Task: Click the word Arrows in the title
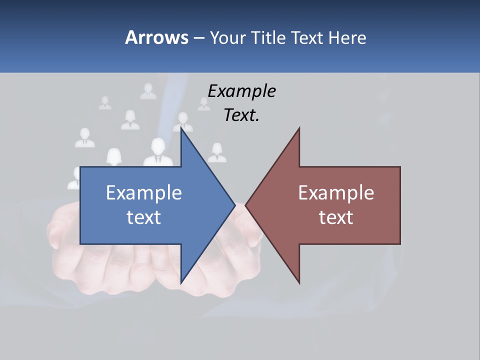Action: (x=156, y=37)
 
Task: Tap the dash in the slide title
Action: (x=198, y=38)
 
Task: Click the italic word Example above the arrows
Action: (x=242, y=91)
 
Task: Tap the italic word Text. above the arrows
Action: (x=242, y=115)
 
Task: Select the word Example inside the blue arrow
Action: (x=144, y=193)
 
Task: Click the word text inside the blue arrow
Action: (x=144, y=217)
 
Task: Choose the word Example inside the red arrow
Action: (x=336, y=193)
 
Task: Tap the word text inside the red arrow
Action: (x=336, y=217)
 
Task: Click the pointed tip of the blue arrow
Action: (x=235, y=205)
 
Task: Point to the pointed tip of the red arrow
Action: (x=245, y=205)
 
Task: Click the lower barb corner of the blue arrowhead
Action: (x=181, y=283)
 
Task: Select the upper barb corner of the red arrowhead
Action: (x=299, y=127)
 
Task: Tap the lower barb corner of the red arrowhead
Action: (x=299, y=283)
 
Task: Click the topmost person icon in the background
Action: (x=148, y=90)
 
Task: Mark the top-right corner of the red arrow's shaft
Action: (x=400, y=166)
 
